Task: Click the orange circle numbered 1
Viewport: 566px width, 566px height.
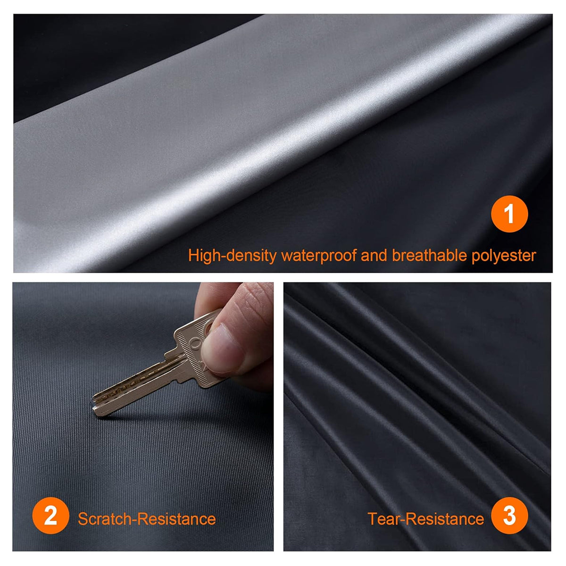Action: pos(509,214)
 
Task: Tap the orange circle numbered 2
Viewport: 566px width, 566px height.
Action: pos(50,516)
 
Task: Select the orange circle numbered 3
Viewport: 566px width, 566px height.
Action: pos(509,516)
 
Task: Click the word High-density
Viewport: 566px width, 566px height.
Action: pos(233,256)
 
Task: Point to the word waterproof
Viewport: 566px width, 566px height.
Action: pos(319,256)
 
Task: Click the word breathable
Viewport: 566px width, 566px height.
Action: pos(429,255)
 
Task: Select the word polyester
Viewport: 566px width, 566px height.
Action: pos(504,256)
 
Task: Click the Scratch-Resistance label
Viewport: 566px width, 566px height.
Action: pos(147,519)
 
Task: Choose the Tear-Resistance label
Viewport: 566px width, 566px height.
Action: pos(426,519)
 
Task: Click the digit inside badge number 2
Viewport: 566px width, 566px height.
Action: pos(50,516)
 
